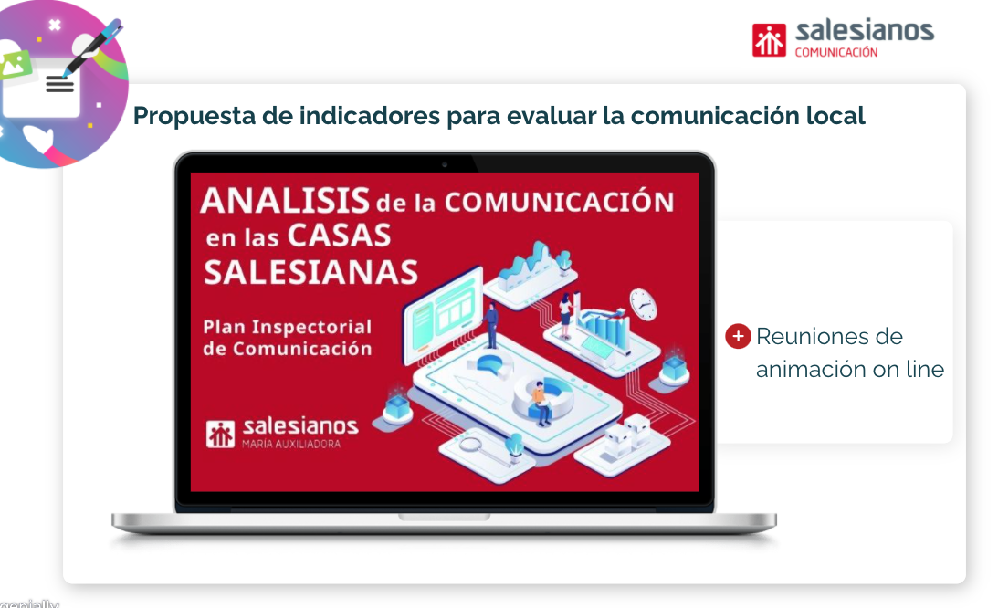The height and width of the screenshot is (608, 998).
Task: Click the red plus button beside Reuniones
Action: point(739,336)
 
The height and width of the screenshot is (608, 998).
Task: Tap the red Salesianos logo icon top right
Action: point(769,40)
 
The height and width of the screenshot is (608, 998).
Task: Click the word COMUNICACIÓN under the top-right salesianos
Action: point(836,52)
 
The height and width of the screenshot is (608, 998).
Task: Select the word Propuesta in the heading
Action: point(194,117)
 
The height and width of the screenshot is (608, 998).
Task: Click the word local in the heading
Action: point(835,115)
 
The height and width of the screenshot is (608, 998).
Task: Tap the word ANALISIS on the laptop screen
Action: point(285,201)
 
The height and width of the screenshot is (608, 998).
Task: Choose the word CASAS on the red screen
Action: point(340,235)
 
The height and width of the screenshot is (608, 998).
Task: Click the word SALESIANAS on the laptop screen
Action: point(310,272)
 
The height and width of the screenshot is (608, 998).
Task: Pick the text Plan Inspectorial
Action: point(287,327)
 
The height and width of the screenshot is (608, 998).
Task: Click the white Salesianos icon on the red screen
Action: point(220,435)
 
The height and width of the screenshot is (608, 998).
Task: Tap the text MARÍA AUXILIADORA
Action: point(291,444)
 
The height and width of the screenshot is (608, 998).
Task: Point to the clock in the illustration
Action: point(643,304)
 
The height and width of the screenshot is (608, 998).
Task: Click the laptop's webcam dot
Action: point(445,164)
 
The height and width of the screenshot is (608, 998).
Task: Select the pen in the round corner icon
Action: point(92,48)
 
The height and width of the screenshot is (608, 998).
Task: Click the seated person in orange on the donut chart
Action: point(541,403)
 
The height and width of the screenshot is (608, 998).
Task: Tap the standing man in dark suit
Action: point(490,325)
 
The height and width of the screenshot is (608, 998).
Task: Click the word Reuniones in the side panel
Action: point(829,336)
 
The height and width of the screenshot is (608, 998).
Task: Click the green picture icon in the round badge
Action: point(16,65)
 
